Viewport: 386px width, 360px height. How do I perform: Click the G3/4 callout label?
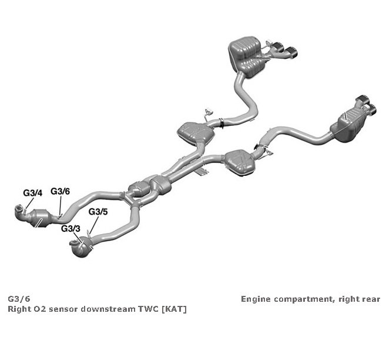point(33,193)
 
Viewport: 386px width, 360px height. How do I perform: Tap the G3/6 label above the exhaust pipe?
point(61,191)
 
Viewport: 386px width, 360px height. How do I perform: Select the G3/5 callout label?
point(98,212)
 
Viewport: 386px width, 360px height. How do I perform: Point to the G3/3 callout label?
point(71,229)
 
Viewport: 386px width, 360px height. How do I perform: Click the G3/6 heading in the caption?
point(19,299)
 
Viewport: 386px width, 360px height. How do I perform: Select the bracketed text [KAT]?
point(174,309)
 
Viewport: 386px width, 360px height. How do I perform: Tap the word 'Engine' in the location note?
point(256,299)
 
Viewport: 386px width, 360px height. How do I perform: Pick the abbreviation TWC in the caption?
point(149,309)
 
